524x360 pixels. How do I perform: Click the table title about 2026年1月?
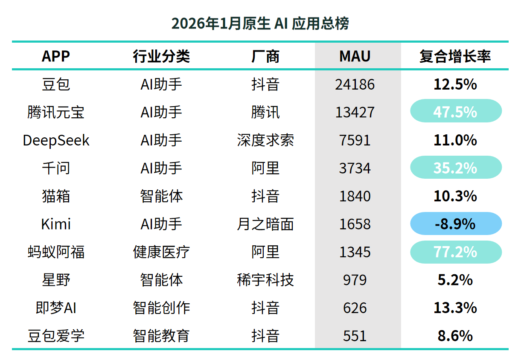pyautogui.click(x=260, y=23)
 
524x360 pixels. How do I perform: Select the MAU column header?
pyautogui.click(x=355, y=56)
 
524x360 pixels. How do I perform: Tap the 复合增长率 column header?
pyautogui.click(x=455, y=56)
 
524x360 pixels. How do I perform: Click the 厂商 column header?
pyautogui.click(x=265, y=56)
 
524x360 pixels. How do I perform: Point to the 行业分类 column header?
pyautogui.click(x=161, y=56)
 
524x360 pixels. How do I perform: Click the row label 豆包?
pyautogui.click(x=56, y=84)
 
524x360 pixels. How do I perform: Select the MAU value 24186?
pyautogui.click(x=355, y=84)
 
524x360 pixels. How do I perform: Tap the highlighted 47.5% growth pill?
pyautogui.click(x=455, y=111)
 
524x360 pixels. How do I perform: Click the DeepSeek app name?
pyautogui.click(x=56, y=140)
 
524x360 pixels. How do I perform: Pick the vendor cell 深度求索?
pyautogui.click(x=265, y=140)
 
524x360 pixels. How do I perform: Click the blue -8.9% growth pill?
pyautogui.click(x=455, y=224)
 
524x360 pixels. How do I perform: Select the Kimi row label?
pyautogui.click(x=56, y=224)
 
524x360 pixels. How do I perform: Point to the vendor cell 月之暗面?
pyautogui.click(x=265, y=224)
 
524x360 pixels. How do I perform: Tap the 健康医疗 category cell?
pyautogui.click(x=161, y=252)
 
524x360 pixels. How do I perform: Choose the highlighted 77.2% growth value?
pyautogui.click(x=455, y=252)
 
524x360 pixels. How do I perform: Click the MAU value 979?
pyautogui.click(x=355, y=280)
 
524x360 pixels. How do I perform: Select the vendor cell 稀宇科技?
pyautogui.click(x=265, y=280)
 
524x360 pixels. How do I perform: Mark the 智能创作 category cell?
pyautogui.click(x=161, y=308)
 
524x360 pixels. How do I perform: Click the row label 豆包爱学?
pyautogui.click(x=56, y=336)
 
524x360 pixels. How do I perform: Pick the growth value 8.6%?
pyautogui.click(x=455, y=336)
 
